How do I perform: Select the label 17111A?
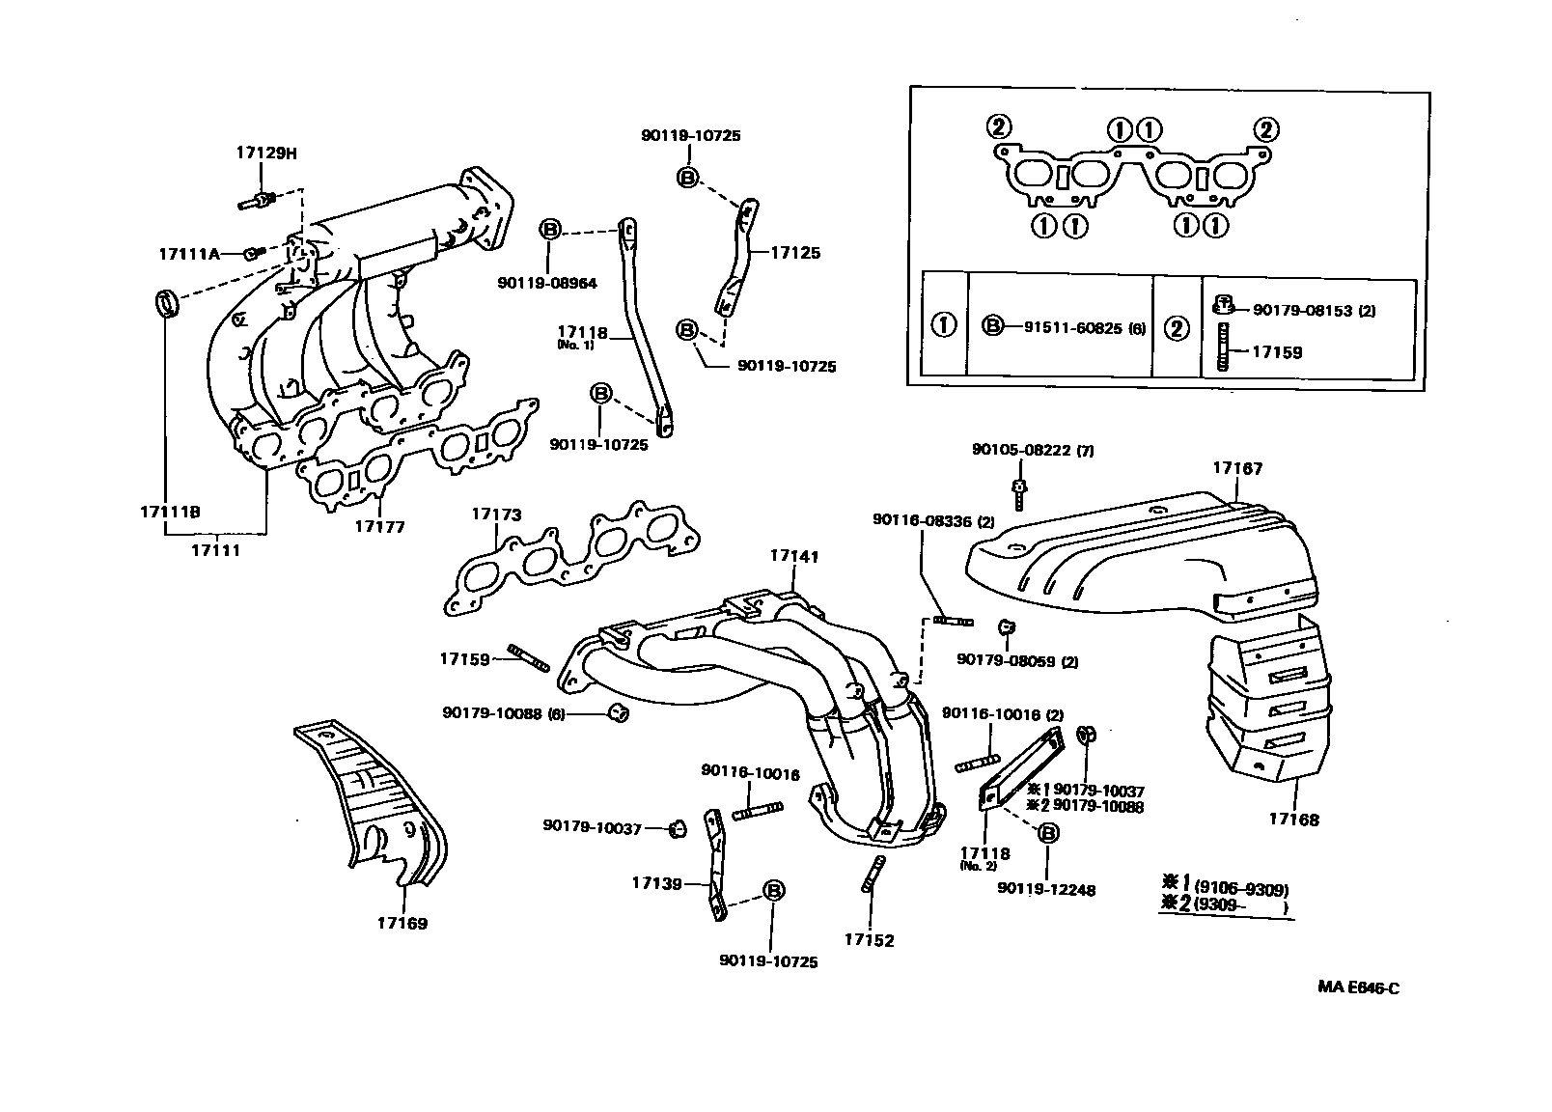188,254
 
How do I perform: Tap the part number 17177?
379,527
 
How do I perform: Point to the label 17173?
496,514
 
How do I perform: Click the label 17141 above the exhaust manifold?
794,556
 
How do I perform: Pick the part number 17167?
1237,469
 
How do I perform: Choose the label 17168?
1293,820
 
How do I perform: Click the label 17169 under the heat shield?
402,923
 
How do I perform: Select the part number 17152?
869,940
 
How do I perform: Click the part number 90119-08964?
547,283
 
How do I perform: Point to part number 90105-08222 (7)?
1033,450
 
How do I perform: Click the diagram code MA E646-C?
1358,988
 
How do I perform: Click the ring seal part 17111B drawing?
168,302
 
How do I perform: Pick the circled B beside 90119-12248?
1048,833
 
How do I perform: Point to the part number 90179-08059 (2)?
1017,661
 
